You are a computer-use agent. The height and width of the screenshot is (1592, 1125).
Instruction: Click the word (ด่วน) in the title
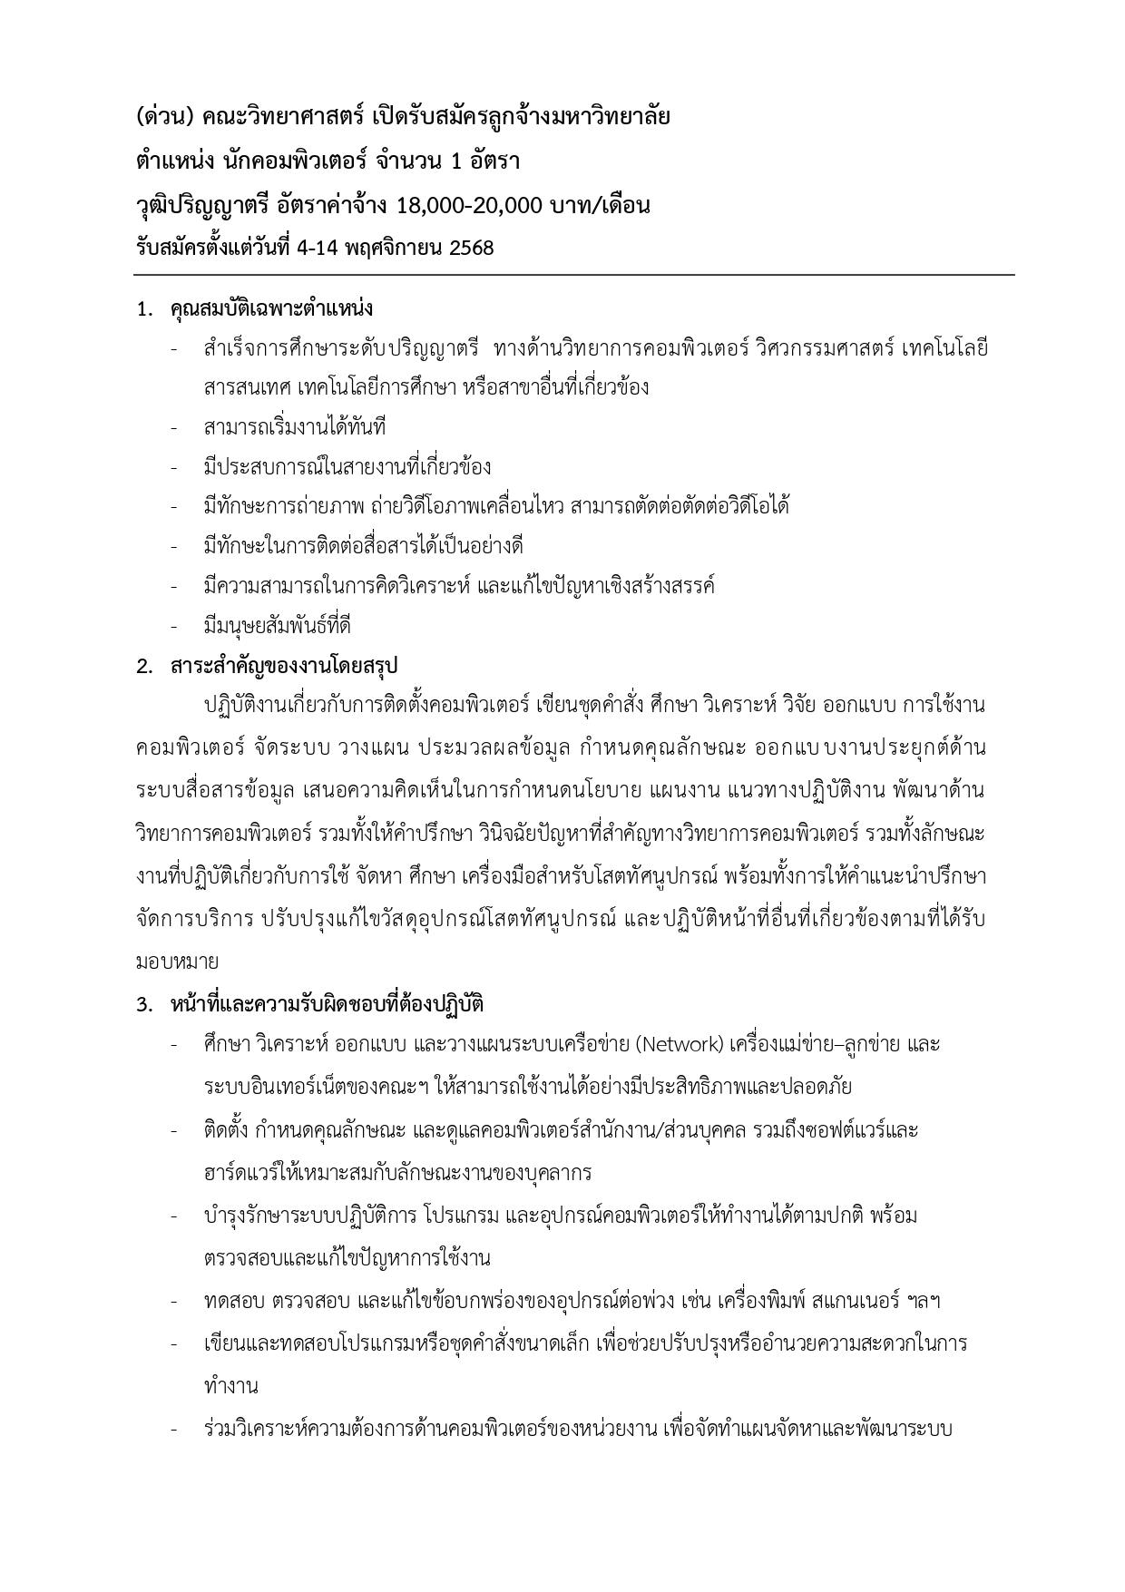164,117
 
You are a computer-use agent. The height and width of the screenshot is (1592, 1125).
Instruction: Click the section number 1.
143,309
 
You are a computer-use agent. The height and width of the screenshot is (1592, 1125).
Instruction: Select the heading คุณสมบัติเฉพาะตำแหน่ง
271,308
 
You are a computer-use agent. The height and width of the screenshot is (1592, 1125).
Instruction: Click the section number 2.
143,667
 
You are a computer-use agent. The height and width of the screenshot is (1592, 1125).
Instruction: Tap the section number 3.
143,1005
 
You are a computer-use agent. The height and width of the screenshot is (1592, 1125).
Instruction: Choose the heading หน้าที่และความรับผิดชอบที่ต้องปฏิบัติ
327,1004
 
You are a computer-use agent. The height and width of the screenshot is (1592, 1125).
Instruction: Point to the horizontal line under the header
573,274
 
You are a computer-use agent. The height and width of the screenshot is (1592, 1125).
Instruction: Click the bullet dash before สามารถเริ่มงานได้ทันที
173,428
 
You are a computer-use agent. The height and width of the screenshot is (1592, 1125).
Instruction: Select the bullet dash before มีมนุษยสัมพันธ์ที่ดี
173,627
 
